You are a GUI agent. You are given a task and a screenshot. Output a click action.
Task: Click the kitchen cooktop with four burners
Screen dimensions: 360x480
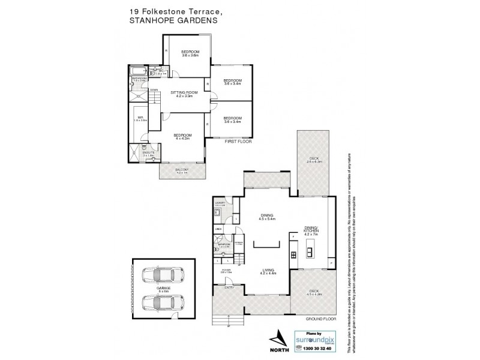coord(293,254)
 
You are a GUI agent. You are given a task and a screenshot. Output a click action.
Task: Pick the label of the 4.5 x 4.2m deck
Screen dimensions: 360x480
coord(314,294)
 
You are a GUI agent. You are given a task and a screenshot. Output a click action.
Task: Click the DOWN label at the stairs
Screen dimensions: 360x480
coord(154,91)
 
